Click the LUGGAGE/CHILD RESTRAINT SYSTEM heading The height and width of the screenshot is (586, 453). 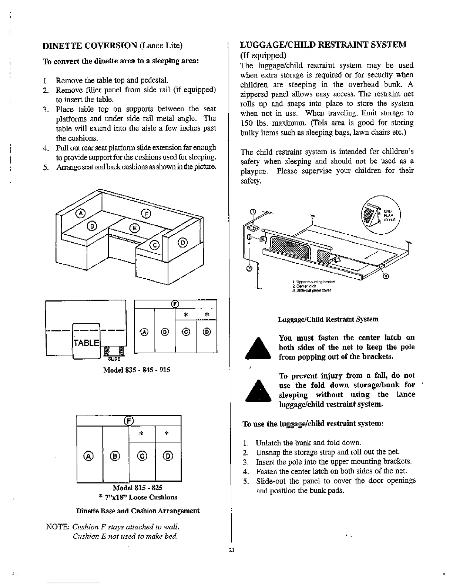pyautogui.click(x=323, y=45)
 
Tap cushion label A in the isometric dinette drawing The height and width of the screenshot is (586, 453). pyautogui.click(x=80, y=213)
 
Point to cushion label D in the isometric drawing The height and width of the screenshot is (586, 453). pyautogui.click(x=183, y=242)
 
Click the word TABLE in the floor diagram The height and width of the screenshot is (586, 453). pyautogui.click(x=85, y=343)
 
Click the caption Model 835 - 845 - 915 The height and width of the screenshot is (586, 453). pyautogui.click(x=137, y=370)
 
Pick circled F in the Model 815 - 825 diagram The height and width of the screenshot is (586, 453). pyautogui.click(x=128, y=421)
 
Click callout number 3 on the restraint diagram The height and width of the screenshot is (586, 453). pyautogui.click(x=386, y=276)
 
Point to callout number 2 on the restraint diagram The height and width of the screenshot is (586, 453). pyautogui.click(x=249, y=268)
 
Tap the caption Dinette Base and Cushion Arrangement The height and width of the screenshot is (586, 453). pyautogui.click(x=137, y=511)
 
